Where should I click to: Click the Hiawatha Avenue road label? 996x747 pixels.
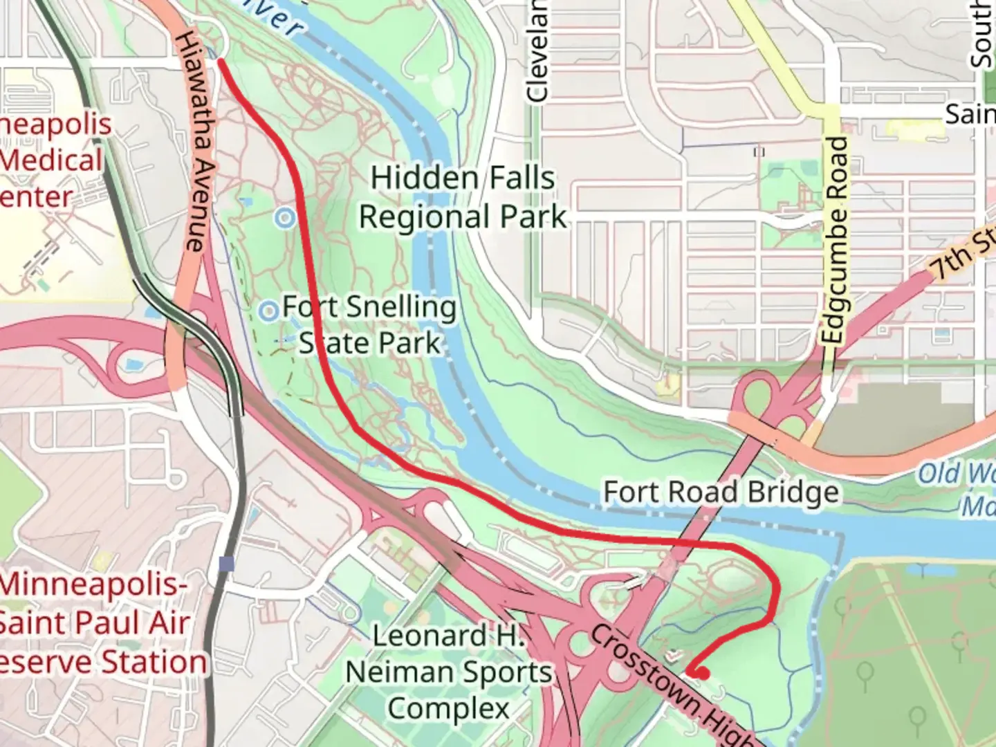[x=196, y=142]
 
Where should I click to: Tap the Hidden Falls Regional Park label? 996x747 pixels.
[x=463, y=198]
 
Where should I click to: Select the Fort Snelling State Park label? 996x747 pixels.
[x=369, y=325]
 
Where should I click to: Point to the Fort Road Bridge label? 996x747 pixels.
[x=721, y=492]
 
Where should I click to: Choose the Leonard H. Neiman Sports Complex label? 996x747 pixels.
[x=449, y=672]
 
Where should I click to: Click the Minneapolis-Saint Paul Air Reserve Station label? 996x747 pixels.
[x=97, y=622]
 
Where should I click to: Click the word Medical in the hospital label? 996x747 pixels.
[x=52, y=160]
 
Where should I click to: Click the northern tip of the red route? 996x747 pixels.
[x=221, y=61]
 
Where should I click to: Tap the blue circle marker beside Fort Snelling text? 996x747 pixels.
[x=268, y=311]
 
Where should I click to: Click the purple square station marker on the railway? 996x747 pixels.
[x=225, y=564]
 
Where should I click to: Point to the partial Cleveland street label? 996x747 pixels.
[x=537, y=52]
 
